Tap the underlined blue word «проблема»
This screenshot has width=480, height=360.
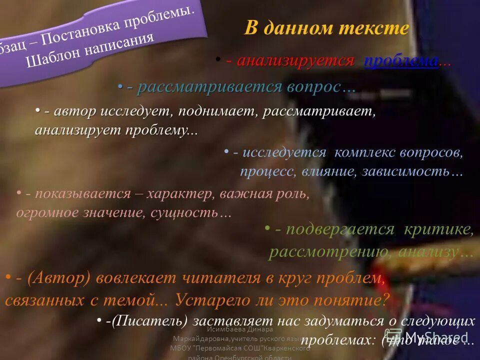[401, 61]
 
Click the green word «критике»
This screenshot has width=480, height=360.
[442, 229]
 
